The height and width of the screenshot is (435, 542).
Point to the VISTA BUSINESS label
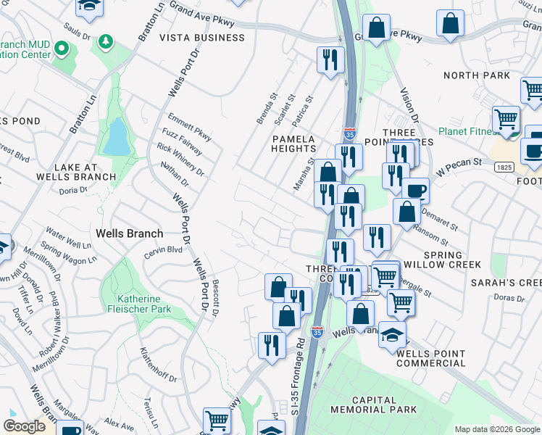coord(201,38)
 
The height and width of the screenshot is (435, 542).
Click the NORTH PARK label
coord(476,75)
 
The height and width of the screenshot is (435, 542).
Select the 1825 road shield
coord(504,167)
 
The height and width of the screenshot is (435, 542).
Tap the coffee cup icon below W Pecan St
coord(415,190)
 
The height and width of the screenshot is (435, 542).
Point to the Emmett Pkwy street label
coord(189,124)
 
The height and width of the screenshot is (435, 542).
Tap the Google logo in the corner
coord(24,426)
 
